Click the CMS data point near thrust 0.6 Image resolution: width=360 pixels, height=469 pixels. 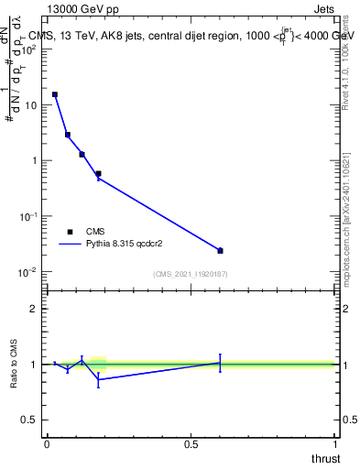point(220,250)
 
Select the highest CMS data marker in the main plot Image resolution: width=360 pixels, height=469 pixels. point(55,94)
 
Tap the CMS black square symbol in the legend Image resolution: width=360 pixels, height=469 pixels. point(70,232)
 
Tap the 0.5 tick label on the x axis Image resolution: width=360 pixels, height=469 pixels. point(191,444)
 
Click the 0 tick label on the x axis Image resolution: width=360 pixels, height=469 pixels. point(47,444)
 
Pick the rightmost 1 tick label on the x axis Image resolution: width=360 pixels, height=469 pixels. point(335,444)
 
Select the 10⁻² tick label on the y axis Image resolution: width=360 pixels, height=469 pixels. point(27,272)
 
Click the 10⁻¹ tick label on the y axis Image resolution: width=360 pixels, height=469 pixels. point(27,216)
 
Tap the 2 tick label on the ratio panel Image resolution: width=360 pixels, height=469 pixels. point(33,309)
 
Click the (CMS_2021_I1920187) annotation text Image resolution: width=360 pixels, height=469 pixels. point(191,274)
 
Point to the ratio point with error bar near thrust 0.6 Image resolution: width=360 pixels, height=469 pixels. point(220,363)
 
